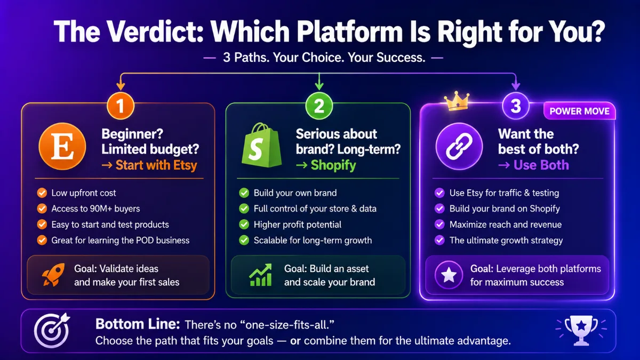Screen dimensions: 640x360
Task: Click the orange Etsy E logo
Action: (62, 146)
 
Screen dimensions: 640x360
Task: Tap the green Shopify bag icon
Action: (261, 145)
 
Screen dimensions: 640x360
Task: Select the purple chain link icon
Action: (459, 146)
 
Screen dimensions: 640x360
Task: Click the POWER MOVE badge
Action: (579, 111)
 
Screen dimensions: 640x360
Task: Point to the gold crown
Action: (457, 101)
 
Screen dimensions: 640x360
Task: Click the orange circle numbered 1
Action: (121, 106)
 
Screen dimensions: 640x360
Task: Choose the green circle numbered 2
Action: (319, 106)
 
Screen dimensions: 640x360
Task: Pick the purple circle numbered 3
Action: (516, 106)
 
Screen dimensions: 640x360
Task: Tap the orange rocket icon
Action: (53, 275)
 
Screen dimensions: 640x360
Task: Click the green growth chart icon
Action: (260, 275)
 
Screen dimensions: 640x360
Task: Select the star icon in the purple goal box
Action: (449, 275)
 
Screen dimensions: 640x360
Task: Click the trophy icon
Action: (581, 330)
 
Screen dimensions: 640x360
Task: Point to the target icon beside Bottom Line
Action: (52, 330)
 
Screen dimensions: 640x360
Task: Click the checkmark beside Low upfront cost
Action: (42, 193)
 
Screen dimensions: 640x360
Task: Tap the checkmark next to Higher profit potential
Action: (244, 225)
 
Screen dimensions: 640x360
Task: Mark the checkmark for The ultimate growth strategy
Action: (439, 241)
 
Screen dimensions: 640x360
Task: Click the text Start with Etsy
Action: (156, 165)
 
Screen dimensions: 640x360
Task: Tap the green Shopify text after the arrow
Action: (333, 165)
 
